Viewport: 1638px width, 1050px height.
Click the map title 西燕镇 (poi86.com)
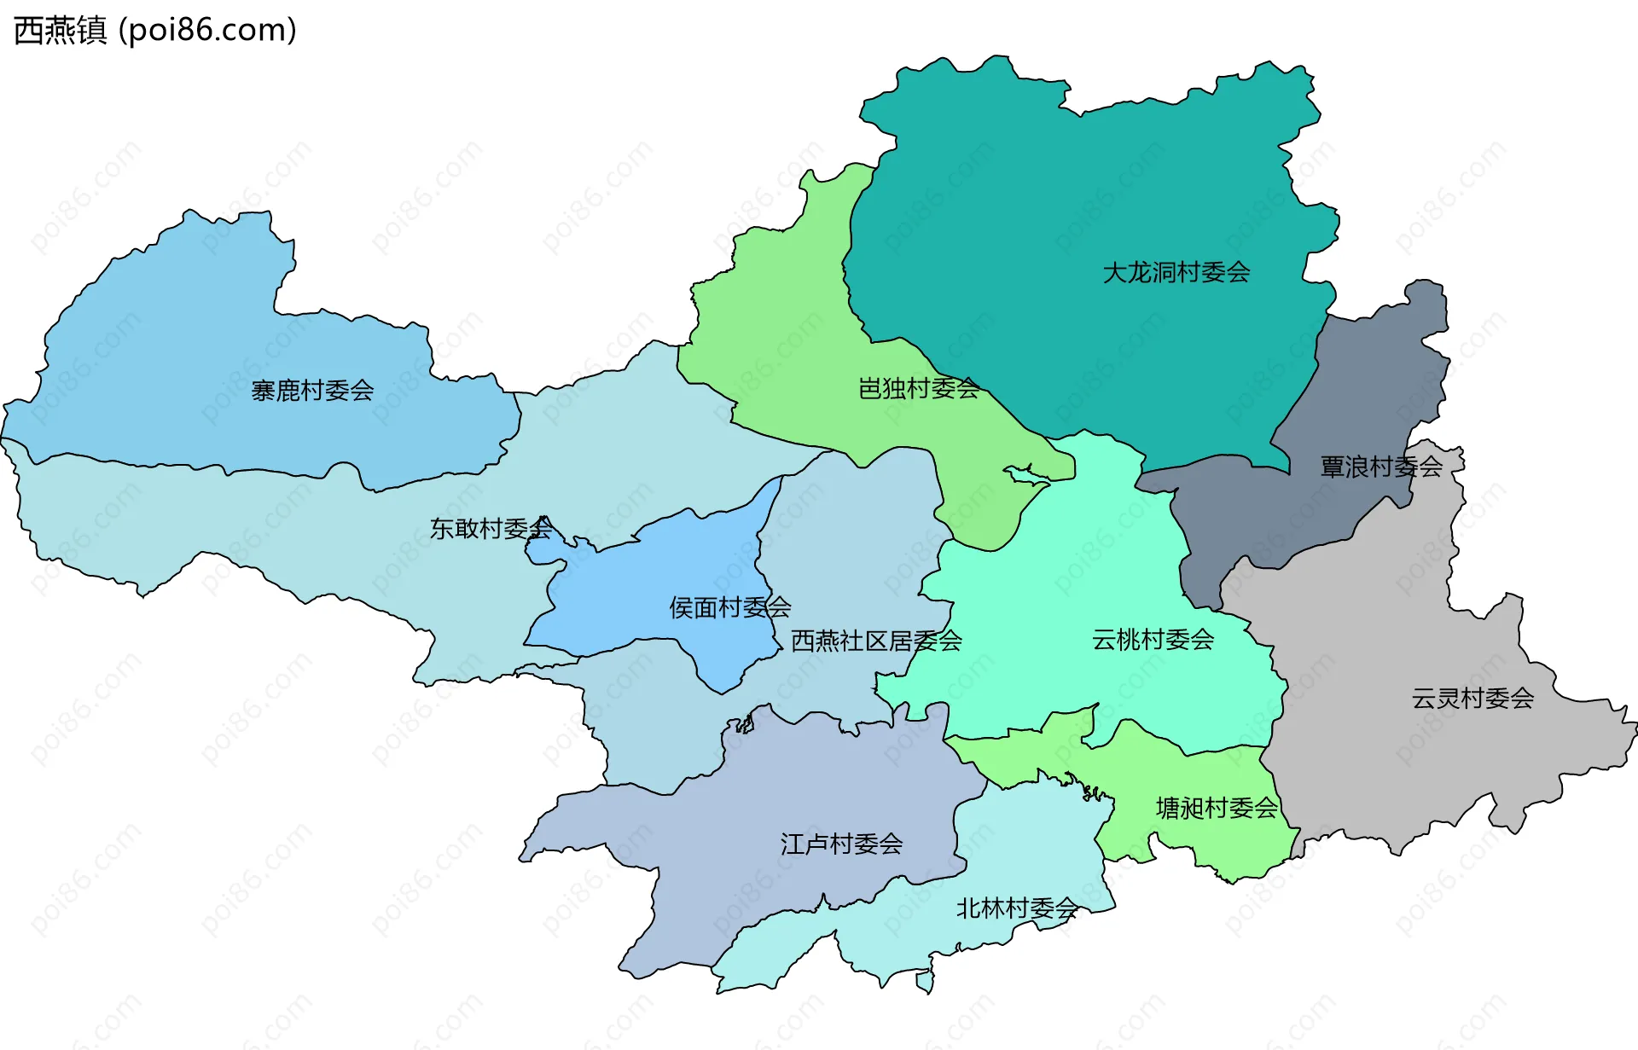(x=155, y=30)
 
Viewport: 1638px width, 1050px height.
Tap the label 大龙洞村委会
(x=1176, y=273)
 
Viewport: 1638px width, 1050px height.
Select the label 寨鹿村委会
(x=312, y=391)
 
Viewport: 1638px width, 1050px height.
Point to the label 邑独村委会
(x=918, y=389)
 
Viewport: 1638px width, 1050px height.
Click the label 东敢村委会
(x=491, y=529)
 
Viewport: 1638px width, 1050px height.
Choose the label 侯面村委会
(x=729, y=607)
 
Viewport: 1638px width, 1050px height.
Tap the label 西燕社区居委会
(x=876, y=641)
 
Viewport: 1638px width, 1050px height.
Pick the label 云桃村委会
(x=1153, y=640)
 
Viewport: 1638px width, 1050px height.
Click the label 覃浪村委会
(x=1381, y=467)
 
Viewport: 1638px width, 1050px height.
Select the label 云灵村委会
(x=1472, y=699)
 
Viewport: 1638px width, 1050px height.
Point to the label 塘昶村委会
(x=1217, y=808)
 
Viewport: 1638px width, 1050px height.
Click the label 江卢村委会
(x=841, y=844)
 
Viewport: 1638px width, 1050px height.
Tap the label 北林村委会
(x=1017, y=908)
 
